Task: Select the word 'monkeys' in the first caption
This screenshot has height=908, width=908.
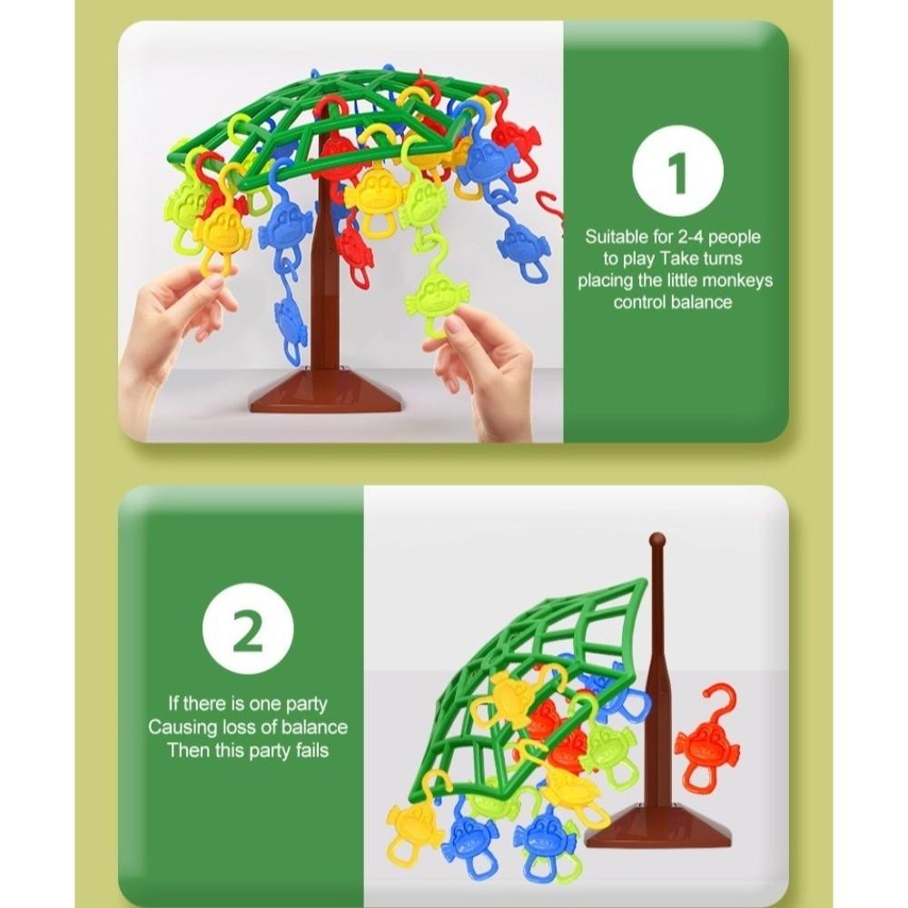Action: tap(736, 281)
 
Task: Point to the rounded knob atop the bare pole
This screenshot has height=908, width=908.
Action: tap(656, 542)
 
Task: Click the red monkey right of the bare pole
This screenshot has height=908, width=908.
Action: tap(706, 740)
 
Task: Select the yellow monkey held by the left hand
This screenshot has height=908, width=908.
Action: tap(221, 233)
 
